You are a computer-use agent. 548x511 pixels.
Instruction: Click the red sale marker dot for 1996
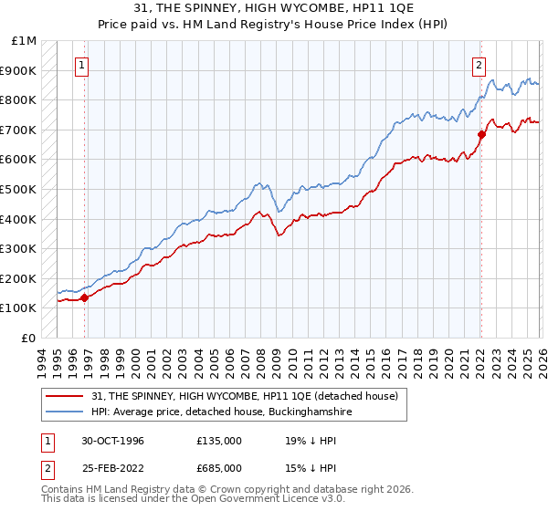pos(85,297)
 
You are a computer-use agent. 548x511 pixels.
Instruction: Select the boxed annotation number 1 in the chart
pos(83,65)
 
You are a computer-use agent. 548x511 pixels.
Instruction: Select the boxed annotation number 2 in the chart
pos(479,65)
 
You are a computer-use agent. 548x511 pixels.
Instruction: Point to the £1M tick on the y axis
pos(24,41)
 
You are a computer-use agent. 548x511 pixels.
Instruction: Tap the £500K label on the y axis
pos(20,190)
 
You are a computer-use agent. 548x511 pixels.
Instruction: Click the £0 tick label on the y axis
pos(29,338)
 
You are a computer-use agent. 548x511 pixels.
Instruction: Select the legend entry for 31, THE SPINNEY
pos(244,397)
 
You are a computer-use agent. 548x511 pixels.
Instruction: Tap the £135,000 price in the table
pos(219,440)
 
